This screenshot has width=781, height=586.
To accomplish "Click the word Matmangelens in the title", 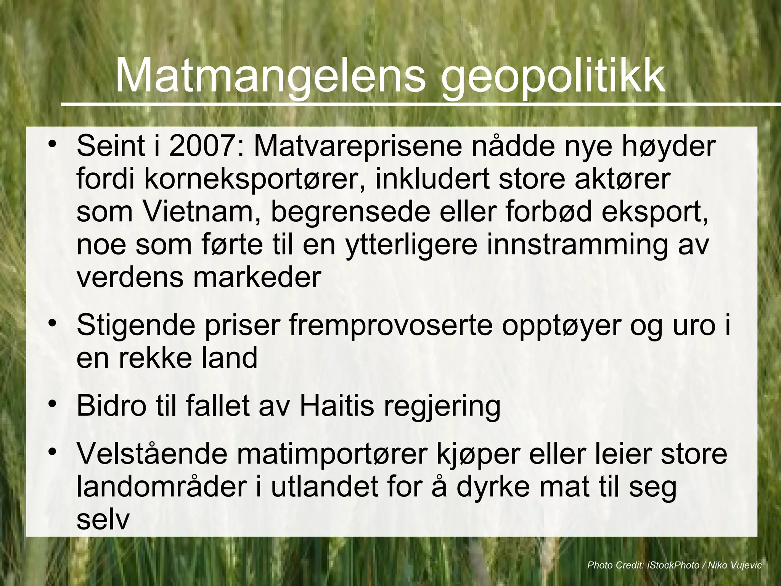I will click(x=270, y=76).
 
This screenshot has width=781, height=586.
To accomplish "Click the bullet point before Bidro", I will click(x=53, y=404).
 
